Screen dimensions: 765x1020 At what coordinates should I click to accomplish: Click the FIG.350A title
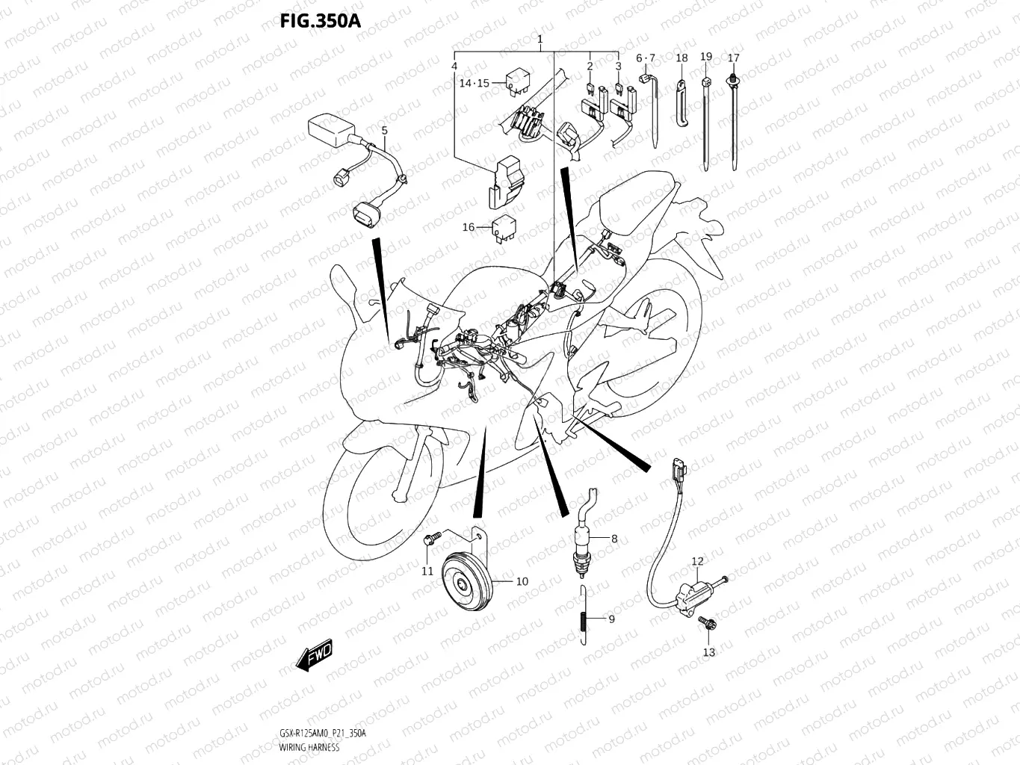(320, 21)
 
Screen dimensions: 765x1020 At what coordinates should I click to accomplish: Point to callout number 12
(696, 561)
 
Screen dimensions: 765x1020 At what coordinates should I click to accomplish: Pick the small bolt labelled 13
(706, 622)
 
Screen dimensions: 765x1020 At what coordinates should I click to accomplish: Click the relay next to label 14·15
(516, 80)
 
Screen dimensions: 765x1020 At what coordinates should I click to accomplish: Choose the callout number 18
(681, 58)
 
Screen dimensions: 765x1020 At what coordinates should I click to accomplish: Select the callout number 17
(733, 58)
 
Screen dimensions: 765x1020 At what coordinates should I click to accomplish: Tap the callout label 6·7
(645, 58)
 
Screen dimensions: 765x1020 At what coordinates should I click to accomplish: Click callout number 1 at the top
(540, 39)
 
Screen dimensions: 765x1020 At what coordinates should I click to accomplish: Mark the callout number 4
(454, 66)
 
